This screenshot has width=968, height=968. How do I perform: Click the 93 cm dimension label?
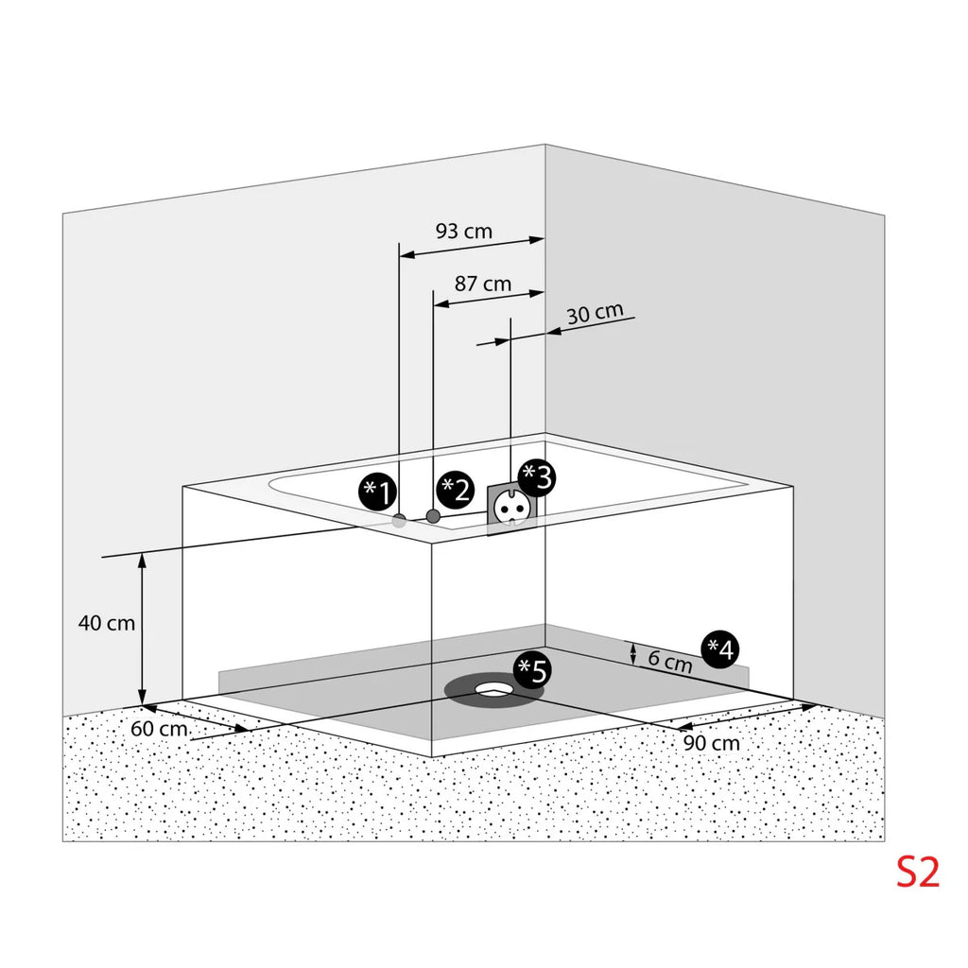(x=464, y=231)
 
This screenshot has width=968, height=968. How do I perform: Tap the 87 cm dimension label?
(x=483, y=284)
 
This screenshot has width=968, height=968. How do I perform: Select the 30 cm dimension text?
(x=596, y=313)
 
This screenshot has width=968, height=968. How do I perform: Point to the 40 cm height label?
(x=106, y=623)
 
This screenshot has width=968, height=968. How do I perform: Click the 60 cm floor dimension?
(x=159, y=729)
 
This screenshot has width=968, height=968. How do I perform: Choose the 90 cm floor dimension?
(x=711, y=743)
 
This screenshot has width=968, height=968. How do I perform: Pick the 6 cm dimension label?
(x=670, y=661)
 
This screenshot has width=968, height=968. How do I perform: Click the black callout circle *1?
(x=377, y=493)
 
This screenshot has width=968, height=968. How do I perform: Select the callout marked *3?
(x=537, y=477)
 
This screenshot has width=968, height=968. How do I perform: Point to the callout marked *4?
(x=720, y=649)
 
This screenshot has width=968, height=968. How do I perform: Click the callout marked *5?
(x=533, y=670)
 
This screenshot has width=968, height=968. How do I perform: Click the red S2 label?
(x=917, y=873)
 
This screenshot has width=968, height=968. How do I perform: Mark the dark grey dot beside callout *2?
(x=433, y=516)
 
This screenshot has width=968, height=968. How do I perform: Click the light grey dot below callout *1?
(x=400, y=522)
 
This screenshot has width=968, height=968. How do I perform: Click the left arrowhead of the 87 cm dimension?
(x=441, y=304)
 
